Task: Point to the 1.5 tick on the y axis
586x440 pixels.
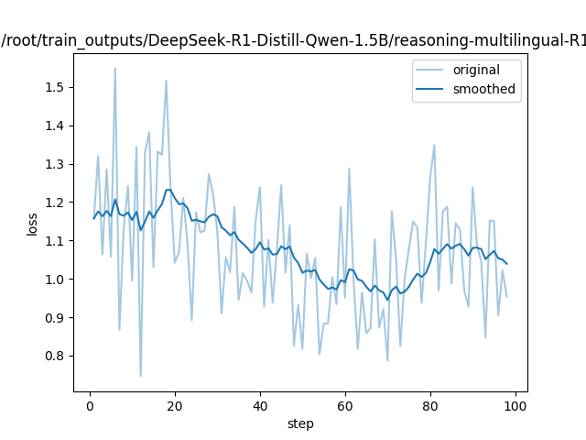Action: click(56, 87)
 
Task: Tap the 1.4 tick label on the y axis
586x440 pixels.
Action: click(56, 126)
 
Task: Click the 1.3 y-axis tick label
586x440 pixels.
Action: click(56, 164)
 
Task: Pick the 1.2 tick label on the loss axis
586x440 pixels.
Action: click(56, 203)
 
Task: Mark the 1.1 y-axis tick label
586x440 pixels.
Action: click(56, 241)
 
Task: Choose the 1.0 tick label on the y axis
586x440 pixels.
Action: click(56, 280)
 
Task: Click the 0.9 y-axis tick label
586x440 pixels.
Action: click(56, 318)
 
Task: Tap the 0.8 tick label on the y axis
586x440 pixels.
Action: click(56, 357)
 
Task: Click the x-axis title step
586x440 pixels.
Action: click(300, 423)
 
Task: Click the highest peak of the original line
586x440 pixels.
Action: click(114, 68)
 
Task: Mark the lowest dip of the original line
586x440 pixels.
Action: click(140, 376)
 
